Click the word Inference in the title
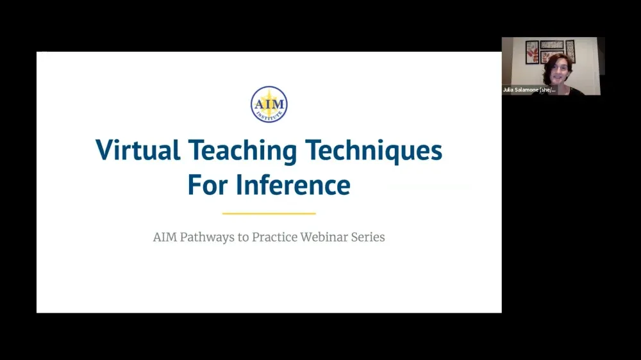293,185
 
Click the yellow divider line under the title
269,213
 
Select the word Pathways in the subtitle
210,237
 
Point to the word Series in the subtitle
370,237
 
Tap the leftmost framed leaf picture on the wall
531,52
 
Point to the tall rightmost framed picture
570,51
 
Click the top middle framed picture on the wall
551,45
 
